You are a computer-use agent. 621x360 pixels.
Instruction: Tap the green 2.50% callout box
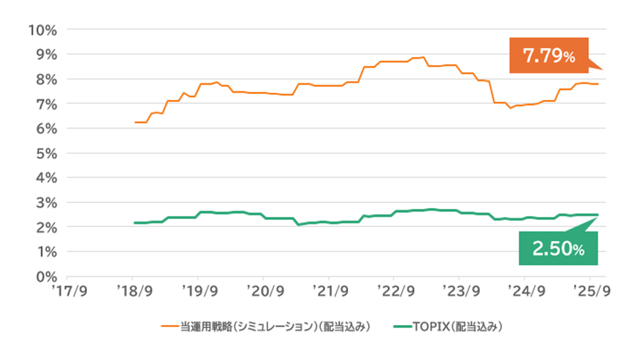[558, 248]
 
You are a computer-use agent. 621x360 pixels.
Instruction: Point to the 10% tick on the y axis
[41, 30]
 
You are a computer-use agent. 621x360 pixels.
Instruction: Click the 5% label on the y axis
[45, 153]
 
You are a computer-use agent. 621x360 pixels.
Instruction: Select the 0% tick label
[45, 277]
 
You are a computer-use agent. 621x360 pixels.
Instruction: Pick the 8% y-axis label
[45, 80]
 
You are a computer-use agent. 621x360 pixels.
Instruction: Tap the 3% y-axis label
[45, 203]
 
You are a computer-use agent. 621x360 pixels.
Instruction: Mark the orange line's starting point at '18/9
[135, 123]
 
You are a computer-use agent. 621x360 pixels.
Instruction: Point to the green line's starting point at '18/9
[135, 223]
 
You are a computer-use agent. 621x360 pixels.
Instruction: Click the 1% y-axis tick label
[45, 252]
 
